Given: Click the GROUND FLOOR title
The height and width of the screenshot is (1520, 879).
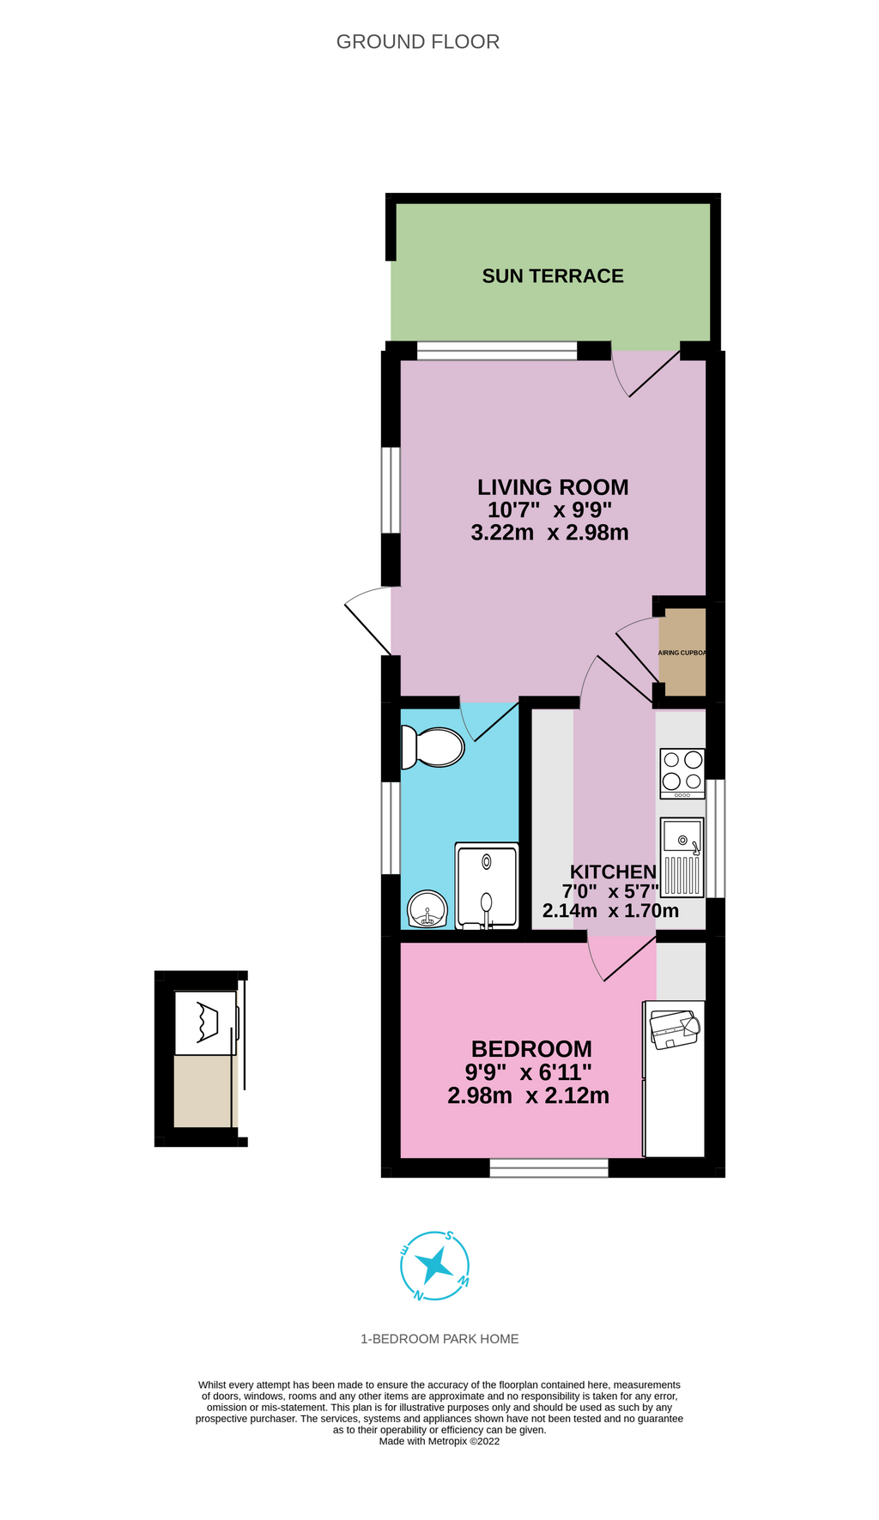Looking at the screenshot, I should click(x=417, y=42).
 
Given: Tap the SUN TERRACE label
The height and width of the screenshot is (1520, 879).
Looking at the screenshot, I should click(x=552, y=276).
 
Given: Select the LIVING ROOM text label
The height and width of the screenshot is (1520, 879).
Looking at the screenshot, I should click(x=553, y=487).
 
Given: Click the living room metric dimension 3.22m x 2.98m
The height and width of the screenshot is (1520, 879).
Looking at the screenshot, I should click(x=549, y=533).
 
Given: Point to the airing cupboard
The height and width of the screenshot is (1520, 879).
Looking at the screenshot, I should click(x=682, y=652).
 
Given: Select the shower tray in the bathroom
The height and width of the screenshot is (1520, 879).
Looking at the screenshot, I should click(x=487, y=886).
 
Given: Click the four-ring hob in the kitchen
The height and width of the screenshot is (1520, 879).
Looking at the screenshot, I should click(x=682, y=772).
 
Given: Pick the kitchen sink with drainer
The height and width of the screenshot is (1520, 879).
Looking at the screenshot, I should click(x=682, y=858).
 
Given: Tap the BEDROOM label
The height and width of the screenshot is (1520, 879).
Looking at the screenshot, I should click(x=531, y=1049).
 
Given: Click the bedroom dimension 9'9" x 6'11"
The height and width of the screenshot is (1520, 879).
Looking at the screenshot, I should click(x=529, y=1072).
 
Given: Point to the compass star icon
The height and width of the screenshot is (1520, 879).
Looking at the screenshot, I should click(x=435, y=1264).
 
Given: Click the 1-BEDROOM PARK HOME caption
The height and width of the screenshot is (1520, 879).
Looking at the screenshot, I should click(x=439, y=1339).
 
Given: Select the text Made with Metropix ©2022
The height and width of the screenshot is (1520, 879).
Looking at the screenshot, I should click(x=439, y=1441).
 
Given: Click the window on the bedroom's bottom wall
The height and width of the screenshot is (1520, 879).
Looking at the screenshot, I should click(x=549, y=1167).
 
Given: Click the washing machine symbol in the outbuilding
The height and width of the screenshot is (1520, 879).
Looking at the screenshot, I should click(x=206, y=1022).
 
